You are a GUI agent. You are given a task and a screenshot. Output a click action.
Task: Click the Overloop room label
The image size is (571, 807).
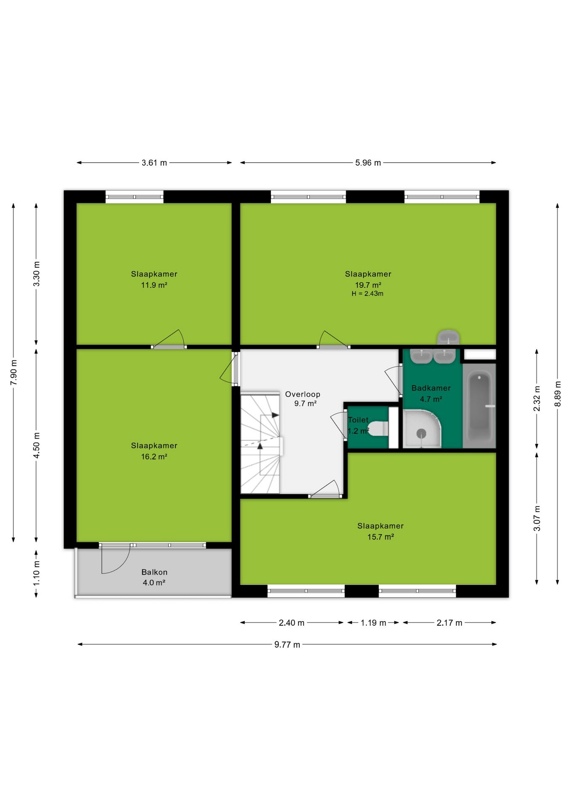pos(302,394)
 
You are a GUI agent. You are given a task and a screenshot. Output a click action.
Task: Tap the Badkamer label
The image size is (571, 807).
pos(431,388)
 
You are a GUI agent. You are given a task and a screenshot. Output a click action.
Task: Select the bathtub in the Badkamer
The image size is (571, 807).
pos(479,406)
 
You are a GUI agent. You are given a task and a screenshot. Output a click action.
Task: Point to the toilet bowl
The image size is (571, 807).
pos(378,429)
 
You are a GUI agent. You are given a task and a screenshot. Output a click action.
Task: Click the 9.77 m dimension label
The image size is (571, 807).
pos(287,645)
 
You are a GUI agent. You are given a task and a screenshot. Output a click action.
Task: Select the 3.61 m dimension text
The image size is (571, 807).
pos(154,163)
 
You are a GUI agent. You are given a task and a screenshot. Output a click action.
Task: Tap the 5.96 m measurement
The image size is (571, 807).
pos(368,163)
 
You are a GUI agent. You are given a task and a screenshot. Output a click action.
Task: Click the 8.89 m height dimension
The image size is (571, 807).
pos(558,394)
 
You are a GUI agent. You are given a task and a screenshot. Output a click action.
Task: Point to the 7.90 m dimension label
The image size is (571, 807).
pos(14,372)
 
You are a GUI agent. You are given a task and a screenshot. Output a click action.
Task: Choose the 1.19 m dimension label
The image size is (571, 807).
pos(373,622)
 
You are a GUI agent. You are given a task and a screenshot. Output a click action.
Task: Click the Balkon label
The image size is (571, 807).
pos(154,572)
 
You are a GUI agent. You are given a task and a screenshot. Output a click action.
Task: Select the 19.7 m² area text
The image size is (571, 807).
pos(368,285)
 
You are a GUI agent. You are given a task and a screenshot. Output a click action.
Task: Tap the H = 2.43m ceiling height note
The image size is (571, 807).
pos(367,294)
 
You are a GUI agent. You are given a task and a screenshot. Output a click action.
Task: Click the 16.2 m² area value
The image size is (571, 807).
pos(154,456)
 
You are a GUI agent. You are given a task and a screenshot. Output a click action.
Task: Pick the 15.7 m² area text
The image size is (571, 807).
pos(381,537)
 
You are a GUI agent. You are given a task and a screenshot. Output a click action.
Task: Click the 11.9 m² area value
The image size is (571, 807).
pos(154,285)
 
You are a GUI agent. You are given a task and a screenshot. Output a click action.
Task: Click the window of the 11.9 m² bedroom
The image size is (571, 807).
pos(134,197)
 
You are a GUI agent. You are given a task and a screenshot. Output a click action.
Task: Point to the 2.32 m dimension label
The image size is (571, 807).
pos(537,398)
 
